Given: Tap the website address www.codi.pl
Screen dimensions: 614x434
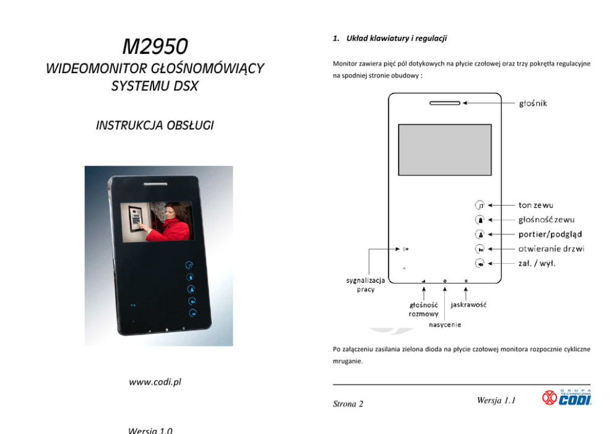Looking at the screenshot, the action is pos(155,382).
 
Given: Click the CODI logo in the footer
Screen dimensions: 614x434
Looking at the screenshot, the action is pos(567,397).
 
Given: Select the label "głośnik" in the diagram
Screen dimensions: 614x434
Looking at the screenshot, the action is pos(533,103).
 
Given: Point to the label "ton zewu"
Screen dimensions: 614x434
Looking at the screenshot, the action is pos(535,204).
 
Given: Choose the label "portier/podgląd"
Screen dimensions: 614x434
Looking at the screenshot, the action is pos(550,234).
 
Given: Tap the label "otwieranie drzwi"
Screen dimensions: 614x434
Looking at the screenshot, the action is pos(551,249).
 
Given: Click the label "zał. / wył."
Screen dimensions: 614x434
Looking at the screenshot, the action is pos(537,264).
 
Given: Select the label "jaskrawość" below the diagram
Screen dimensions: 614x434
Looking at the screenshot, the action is pos(469,305).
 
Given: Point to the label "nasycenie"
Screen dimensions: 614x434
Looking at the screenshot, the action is pos(445,324).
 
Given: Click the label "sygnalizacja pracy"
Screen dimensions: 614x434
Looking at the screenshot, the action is pos(365,285).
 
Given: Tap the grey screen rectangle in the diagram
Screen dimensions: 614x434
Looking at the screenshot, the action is pos(444,149).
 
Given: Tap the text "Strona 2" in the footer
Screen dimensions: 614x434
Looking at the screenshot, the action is pos(348,404).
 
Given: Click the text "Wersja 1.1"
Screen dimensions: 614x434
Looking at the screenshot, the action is pos(497,401).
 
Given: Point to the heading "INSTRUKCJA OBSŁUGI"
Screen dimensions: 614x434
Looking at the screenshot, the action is pos(155,126).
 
